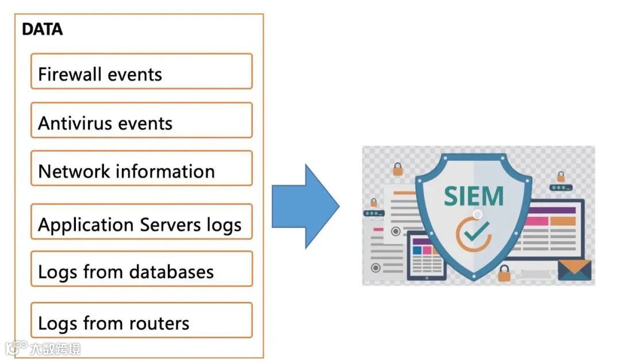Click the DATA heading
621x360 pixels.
point(42,29)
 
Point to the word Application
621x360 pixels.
point(86,225)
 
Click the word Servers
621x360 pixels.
point(171,224)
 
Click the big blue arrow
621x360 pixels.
point(305,206)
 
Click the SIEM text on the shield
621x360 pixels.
point(474,196)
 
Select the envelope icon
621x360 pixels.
point(574,270)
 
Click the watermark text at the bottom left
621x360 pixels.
point(55,348)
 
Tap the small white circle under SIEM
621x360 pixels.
point(477,215)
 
